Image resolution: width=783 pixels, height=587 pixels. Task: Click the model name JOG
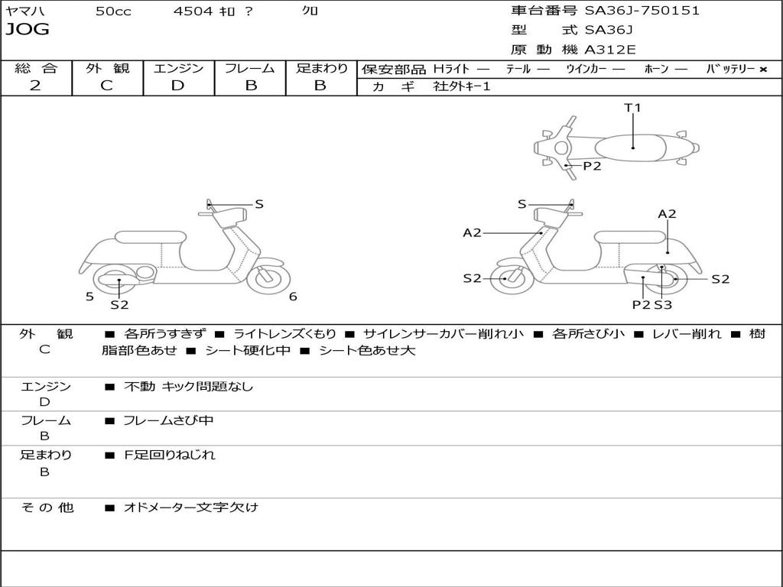click(x=28, y=30)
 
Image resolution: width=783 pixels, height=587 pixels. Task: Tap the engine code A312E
click(x=610, y=50)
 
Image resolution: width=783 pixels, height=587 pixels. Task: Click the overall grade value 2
click(x=35, y=86)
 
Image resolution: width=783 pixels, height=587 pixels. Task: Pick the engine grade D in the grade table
click(x=177, y=86)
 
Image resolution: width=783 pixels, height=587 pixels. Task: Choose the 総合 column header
click(x=36, y=69)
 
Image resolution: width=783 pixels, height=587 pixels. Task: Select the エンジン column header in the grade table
click(x=178, y=69)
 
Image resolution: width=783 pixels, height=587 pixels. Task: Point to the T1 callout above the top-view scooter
click(x=632, y=108)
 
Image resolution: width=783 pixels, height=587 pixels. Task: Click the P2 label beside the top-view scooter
click(x=592, y=166)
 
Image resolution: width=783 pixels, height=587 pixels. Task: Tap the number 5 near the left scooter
click(x=89, y=297)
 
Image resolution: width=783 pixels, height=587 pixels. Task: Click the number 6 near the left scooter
click(x=293, y=297)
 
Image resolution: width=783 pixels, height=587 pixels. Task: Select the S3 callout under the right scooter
click(x=663, y=305)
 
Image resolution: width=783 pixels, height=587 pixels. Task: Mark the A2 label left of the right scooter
click(x=473, y=232)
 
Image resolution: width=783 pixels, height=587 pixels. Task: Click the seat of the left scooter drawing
click(x=150, y=237)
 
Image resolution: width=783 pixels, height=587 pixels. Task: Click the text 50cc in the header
click(x=113, y=11)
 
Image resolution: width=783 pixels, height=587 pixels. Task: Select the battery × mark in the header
click(x=762, y=69)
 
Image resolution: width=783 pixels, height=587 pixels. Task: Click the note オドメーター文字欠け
click(x=191, y=507)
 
